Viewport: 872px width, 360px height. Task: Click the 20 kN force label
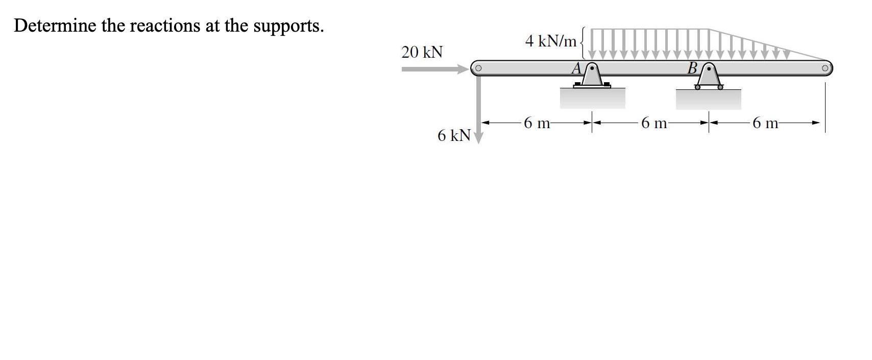pyautogui.click(x=422, y=52)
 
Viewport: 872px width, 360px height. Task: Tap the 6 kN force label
pyautogui.click(x=453, y=135)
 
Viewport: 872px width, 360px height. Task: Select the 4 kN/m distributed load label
pyautogui.click(x=550, y=40)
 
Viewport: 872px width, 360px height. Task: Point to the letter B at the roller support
pyautogui.click(x=692, y=68)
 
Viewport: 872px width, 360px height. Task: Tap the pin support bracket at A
pyautogui.click(x=592, y=76)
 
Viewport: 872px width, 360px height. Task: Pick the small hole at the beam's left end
pyautogui.click(x=121, y=67)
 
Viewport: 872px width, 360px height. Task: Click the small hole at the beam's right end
pyautogui.click(x=825, y=67)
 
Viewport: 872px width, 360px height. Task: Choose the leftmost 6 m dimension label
pyautogui.click(x=537, y=123)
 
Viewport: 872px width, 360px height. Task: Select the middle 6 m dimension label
pyautogui.click(x=653, y=123)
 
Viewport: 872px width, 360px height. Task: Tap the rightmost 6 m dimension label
pyautogui.click(x=765, y=123)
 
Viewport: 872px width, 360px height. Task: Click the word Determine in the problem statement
pyautogui.click(x=55, y=25)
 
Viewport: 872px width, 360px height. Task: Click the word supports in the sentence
pyautogui.click(x=288, y=26)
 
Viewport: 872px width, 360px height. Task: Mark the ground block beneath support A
pyautogui.click(x=592, y=99)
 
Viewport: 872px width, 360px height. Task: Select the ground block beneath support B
pyautogui.click(x=708, y=99)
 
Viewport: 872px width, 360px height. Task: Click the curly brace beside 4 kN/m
pyautogui.click(x=584, y=40)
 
